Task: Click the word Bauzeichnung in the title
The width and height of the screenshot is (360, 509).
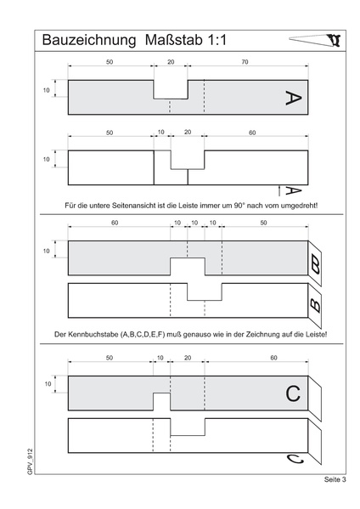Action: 89,41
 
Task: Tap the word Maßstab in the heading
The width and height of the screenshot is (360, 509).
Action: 173,40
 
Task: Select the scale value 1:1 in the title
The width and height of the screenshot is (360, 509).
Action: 217,40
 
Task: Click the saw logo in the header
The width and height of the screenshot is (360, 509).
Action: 315,40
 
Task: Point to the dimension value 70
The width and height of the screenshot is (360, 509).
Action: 245,62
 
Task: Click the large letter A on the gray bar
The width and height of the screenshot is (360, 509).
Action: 293,98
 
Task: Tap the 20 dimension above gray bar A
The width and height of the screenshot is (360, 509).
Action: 171,62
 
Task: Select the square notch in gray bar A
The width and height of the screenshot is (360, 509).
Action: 171,89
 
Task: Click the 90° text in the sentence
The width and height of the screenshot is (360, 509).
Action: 239,206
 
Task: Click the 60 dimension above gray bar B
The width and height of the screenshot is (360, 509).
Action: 115,223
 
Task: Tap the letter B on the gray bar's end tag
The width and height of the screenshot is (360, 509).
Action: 315,264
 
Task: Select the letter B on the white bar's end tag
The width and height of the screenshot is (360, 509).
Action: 315,305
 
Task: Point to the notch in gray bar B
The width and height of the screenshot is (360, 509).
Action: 188,267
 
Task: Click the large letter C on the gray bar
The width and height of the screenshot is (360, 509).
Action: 293,393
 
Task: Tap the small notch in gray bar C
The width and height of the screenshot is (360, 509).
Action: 161,402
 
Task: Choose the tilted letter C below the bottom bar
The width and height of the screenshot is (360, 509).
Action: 295,460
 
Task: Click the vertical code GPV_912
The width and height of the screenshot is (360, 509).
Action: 31,461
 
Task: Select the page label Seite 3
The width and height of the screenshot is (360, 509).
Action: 335,479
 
